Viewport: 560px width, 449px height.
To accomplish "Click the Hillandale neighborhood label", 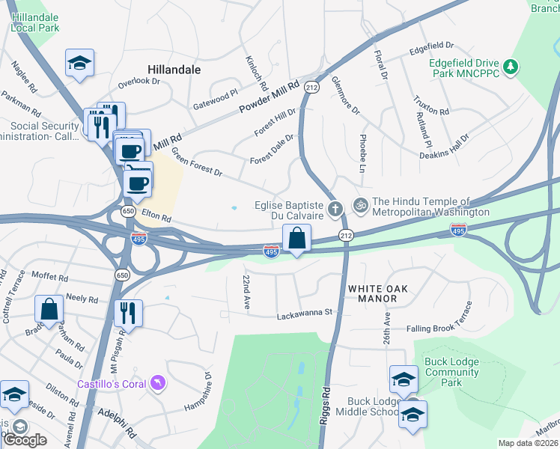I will coord(174,69).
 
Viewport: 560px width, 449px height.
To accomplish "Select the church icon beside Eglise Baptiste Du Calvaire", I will coord(335,208).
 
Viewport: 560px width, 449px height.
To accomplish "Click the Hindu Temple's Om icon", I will coord(360,204).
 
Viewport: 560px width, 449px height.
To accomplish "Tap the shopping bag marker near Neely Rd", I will coord(49,309).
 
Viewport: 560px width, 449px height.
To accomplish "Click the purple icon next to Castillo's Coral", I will coord(157,384).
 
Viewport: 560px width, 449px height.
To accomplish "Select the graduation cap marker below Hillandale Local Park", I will coord(79,64).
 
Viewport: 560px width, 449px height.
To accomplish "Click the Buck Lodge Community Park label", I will coord(451,372).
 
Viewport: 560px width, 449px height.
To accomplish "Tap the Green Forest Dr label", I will coord(197,162).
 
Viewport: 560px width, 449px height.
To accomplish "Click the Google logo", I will coord(25,439).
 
